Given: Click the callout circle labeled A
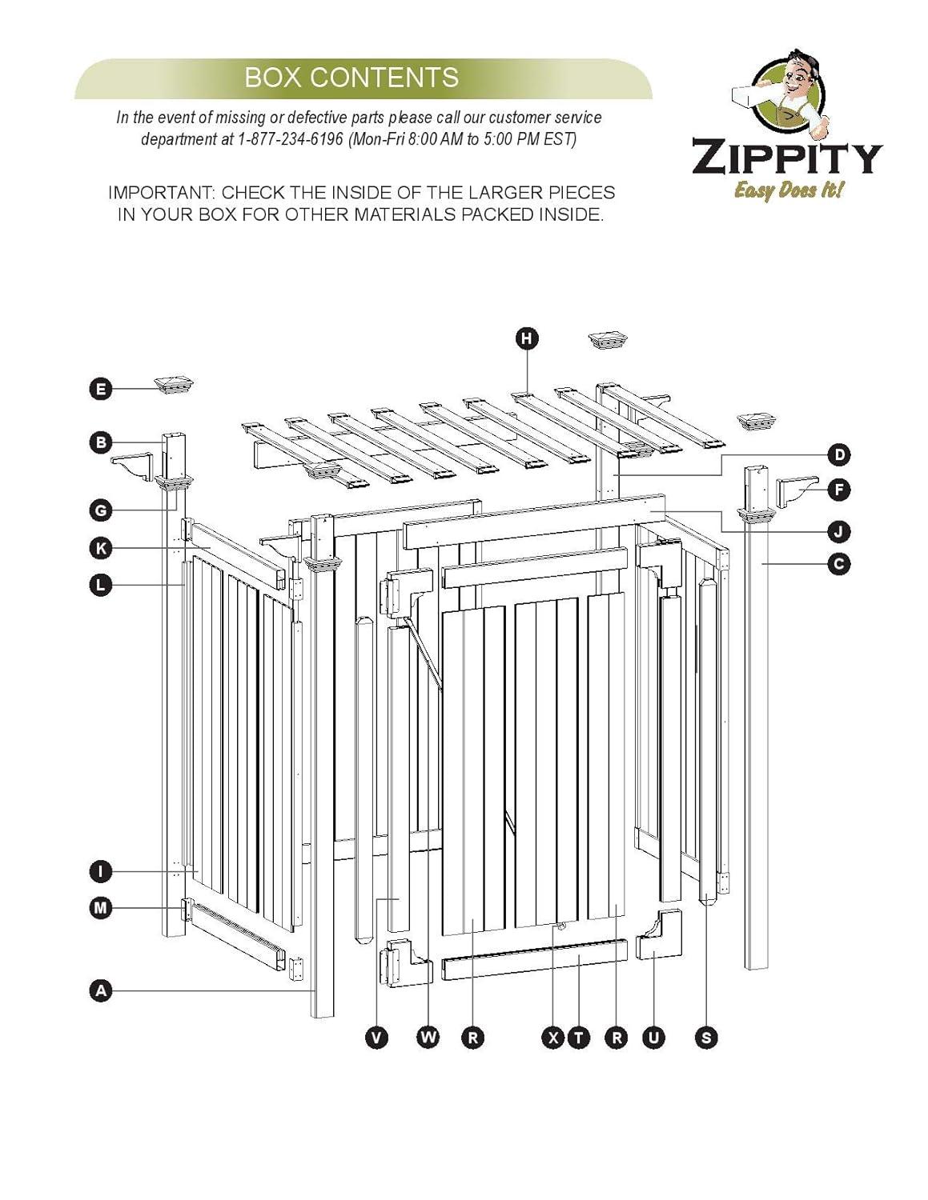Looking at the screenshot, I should [100, 991].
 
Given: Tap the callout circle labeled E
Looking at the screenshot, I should [100, 390].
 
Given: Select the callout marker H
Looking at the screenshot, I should [526, 338].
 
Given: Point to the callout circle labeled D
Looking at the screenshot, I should [838, 455].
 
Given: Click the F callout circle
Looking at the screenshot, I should [838, 489].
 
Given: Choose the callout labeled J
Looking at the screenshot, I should [838, 531].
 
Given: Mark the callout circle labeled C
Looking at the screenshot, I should [838, 564].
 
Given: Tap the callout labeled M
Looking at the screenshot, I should [100, 908].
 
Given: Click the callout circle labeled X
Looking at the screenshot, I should [553, 1038].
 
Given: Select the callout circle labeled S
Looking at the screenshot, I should [706, 1038].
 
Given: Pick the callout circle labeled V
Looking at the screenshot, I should [376, 1038].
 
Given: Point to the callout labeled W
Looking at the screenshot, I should [429, 1038].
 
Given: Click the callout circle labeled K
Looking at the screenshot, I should [100, 548].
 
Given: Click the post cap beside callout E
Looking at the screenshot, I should [177, 385].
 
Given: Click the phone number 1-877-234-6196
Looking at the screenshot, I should [290, 138].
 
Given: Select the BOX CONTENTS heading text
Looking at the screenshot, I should [352, 78].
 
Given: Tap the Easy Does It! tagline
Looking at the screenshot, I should [789, 190].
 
